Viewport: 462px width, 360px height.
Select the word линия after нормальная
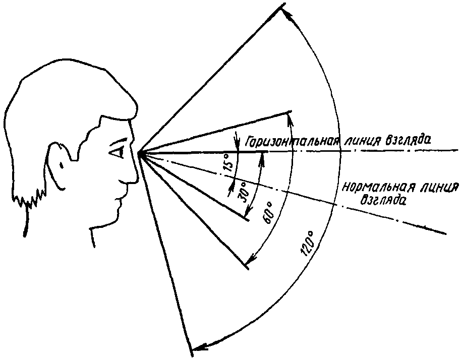point(435,189)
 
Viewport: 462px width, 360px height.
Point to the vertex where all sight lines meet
point(140,152)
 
